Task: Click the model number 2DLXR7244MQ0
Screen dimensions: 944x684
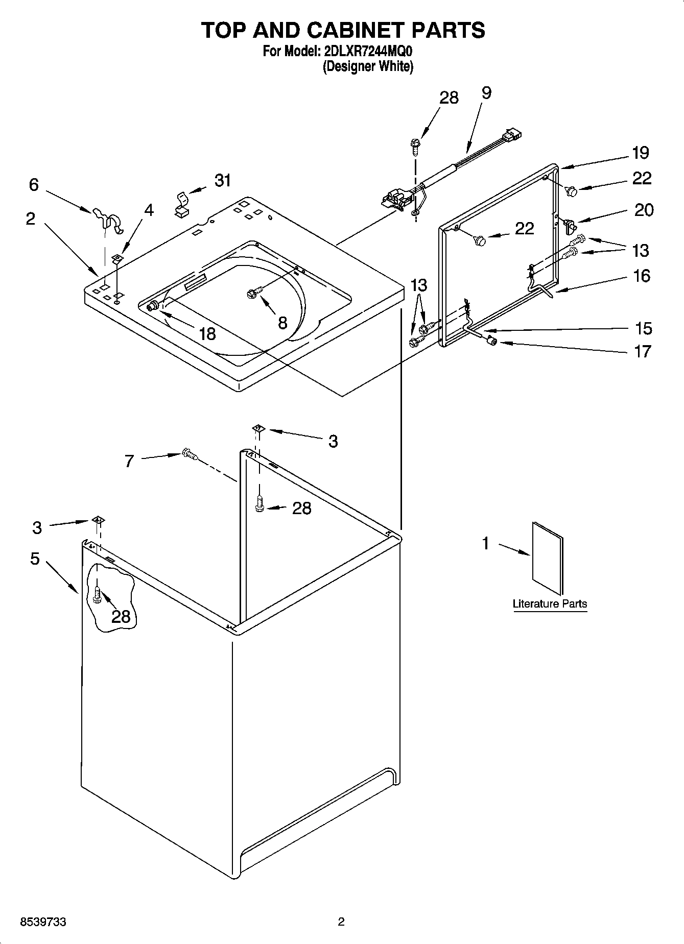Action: point(367,52)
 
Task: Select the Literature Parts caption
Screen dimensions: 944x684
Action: point(550,603)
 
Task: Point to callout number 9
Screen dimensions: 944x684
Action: point(486,93)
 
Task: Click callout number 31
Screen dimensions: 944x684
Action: point(222,180)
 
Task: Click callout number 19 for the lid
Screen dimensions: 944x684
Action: point(640,152)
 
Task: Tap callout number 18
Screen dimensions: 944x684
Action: point(207,334)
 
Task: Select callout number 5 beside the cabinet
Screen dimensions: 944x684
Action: point(35,559)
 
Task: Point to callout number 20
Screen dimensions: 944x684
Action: point(644,210)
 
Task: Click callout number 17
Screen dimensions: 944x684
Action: point(642,351)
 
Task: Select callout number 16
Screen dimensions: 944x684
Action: point(642,276)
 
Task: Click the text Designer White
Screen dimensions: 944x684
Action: point(367,66)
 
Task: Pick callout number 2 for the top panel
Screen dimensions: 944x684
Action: point(31,219)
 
